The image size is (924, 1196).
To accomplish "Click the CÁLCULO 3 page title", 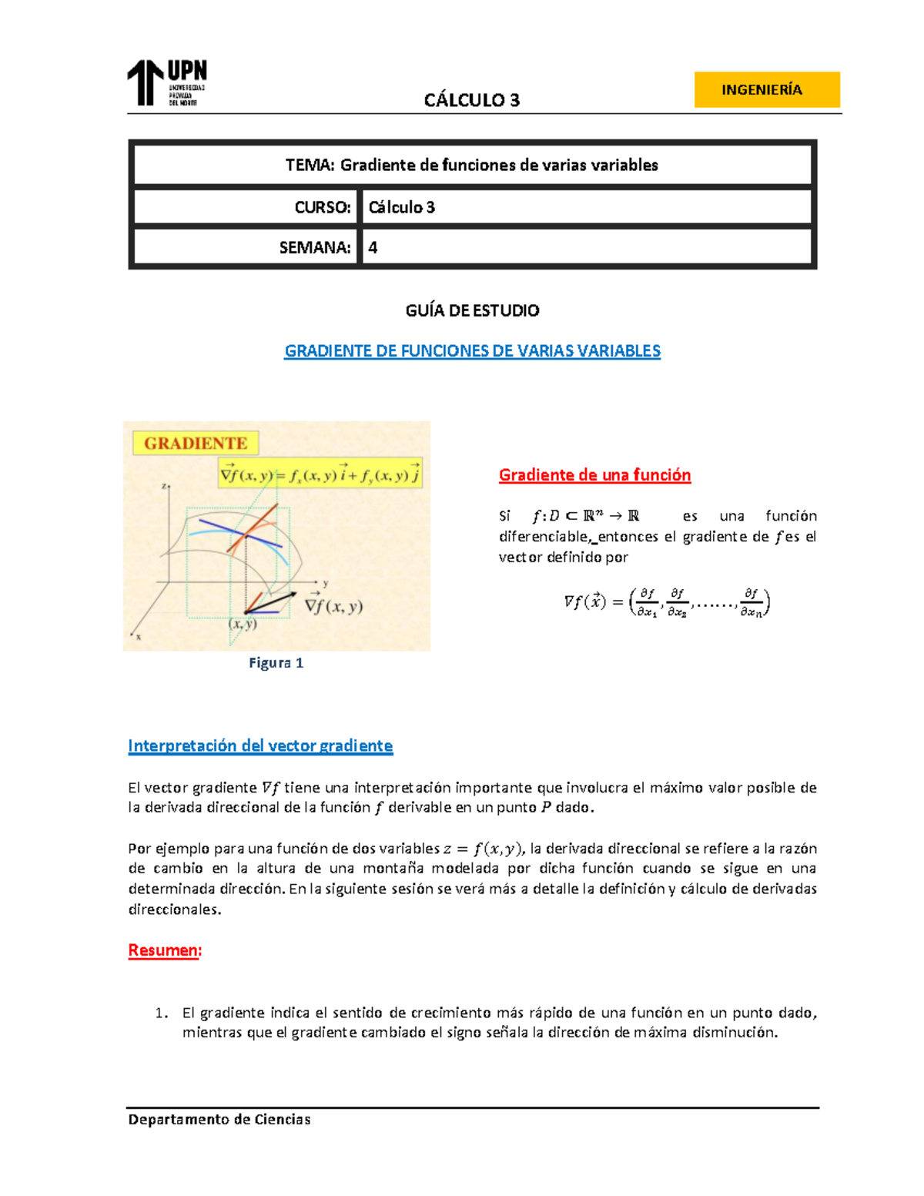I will coord(471,100).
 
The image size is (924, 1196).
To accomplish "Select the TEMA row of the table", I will coord(472,165).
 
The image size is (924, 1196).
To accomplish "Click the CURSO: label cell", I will coord(246,207).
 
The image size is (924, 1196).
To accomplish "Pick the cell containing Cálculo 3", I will coord(585,207).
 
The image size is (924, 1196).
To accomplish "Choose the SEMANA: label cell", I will coord(246,247).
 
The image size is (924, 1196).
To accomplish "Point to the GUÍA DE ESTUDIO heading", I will coord(472,310).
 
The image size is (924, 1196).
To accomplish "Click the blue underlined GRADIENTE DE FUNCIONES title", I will coord(472,351).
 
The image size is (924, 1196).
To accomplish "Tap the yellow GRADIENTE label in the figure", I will coord(196,444).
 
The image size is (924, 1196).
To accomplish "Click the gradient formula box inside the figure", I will coord(320,474).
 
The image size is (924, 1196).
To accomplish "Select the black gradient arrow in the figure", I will coord(272,602).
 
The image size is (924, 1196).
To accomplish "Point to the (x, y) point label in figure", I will coord(243,625).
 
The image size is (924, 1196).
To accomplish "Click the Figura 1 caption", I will coord(276,663).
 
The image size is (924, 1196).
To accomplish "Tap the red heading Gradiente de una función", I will coord(594,475).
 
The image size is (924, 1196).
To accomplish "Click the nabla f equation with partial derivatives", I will coord(667,602).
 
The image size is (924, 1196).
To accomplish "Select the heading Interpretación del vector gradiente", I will coord(260,745).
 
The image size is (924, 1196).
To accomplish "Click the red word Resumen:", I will coord(165,950).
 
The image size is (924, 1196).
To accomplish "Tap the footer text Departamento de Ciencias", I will coord(219,1120).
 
